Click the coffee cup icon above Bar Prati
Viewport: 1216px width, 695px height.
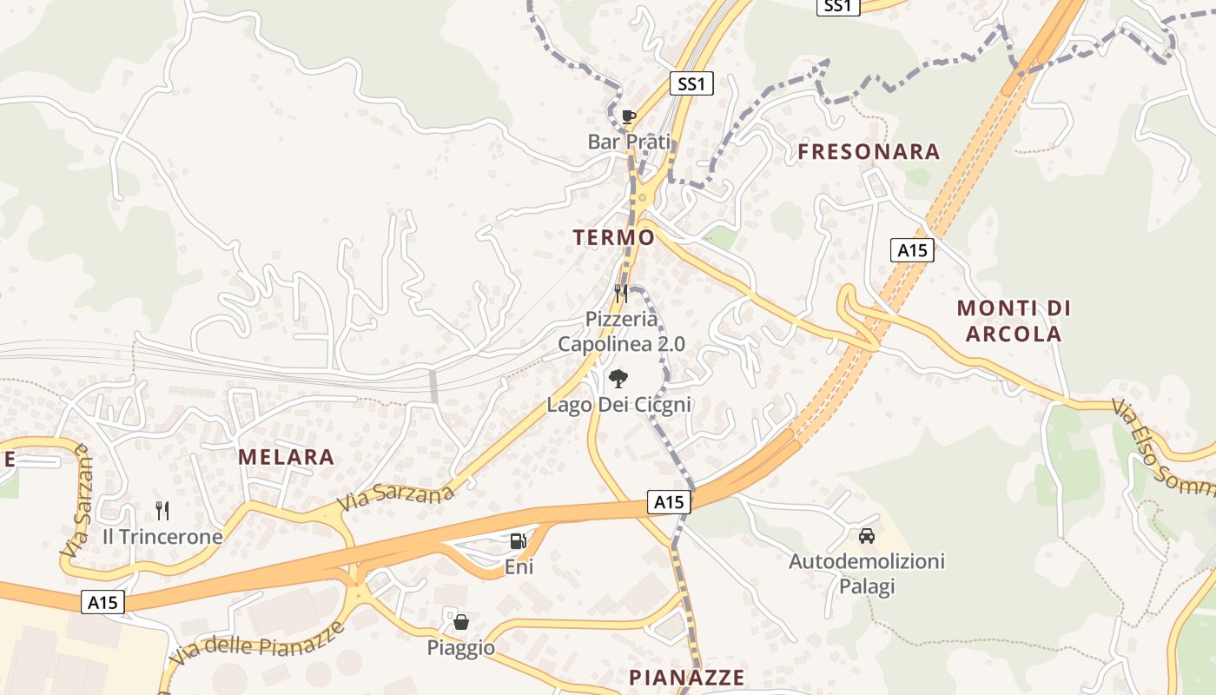pos(629,116)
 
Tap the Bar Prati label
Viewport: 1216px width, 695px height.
pos(630,141)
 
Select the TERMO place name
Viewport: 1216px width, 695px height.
pos(613,237)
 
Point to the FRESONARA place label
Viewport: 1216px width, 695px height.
pos(869,152)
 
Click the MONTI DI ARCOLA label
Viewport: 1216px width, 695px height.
pos(1014,321)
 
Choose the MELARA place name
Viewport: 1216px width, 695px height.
pos(286,457)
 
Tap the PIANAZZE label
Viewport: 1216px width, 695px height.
pos(686,678)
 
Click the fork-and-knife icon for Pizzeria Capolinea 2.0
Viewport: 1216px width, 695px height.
pos(621,293)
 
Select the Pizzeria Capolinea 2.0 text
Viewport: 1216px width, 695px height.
pos(621,331)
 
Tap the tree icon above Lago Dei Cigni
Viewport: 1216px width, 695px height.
pos(618,378)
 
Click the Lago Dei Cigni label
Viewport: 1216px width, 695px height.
pos(618,404)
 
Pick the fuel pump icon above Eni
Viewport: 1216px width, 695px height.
pos(519,541)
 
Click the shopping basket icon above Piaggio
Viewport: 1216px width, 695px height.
pos(461,622)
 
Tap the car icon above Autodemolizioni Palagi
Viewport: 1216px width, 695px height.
pos(866,536)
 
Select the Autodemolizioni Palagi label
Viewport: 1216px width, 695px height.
pos(866,573)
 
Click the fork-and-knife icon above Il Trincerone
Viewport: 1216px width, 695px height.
pos(162,510)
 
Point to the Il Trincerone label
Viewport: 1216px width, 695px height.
pos(162,537)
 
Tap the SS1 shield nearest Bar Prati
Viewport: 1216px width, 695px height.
pos(692,84)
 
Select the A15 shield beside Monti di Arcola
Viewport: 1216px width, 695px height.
pos(912,251)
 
